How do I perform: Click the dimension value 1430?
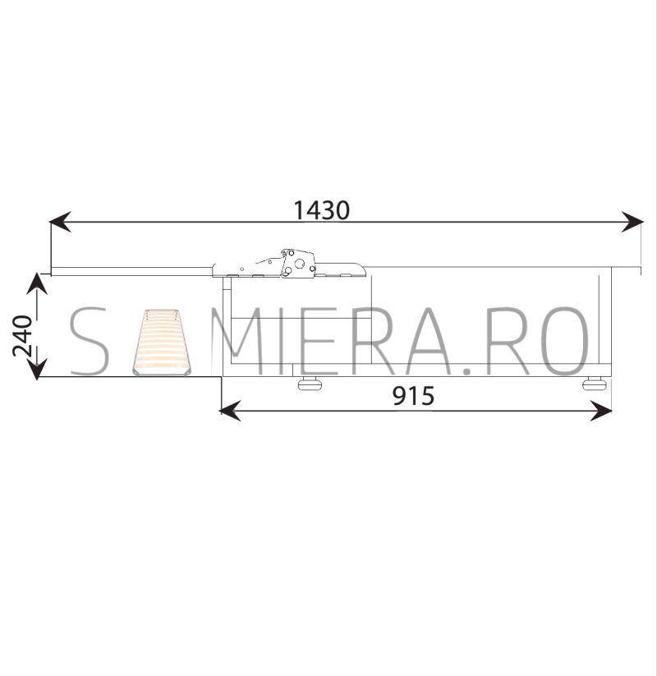click(321, 210)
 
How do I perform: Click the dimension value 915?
click(413, 396)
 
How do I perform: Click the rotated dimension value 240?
click(22, 336)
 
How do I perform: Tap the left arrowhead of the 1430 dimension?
click(60, 222)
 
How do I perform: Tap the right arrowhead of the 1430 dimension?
click(632, 222)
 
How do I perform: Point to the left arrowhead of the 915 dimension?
click(230, 411)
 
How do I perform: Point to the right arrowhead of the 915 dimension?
click(601, 411)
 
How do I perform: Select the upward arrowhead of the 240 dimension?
click(37, 283)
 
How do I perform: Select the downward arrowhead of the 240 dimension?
click(37, 369)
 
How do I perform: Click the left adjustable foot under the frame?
click(310, 383)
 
